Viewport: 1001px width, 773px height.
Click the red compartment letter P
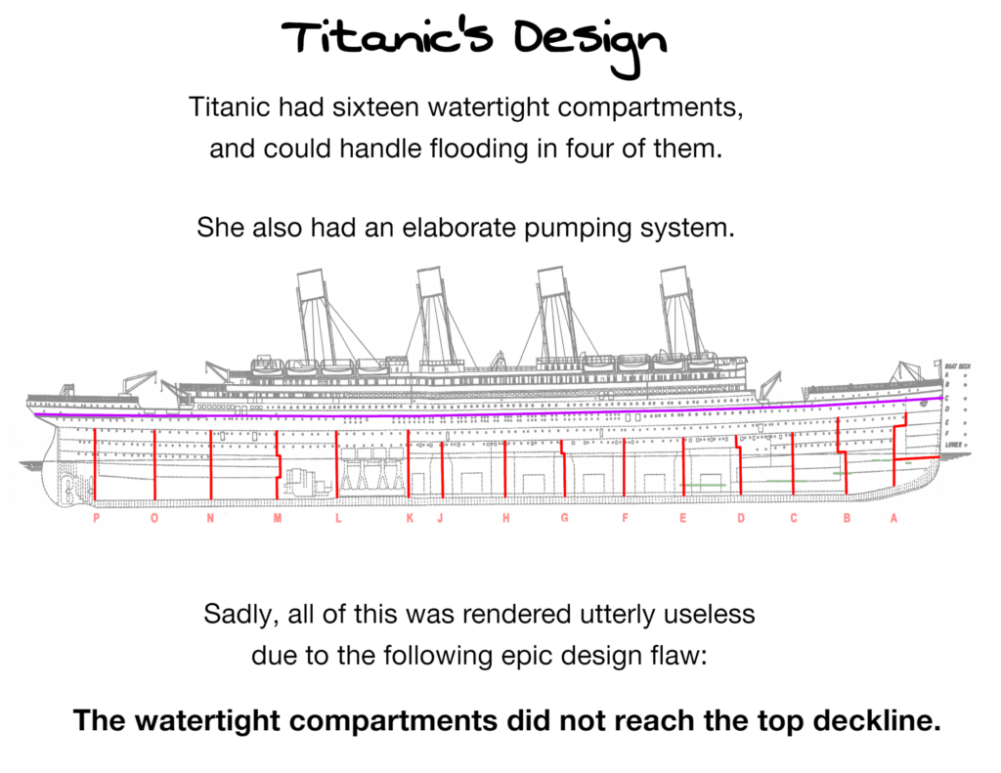point(96,519)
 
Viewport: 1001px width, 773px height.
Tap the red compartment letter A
point(893,519)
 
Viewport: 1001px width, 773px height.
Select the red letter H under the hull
point(506,519)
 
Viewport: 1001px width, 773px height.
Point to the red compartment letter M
point(278,519)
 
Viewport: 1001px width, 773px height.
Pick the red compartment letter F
point(625,519)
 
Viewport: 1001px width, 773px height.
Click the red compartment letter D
point(740,519)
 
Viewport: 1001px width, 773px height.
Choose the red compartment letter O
point(154,519)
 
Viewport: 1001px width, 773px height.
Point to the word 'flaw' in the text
point(680,655)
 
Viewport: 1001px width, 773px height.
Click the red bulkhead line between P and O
point(95,464)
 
